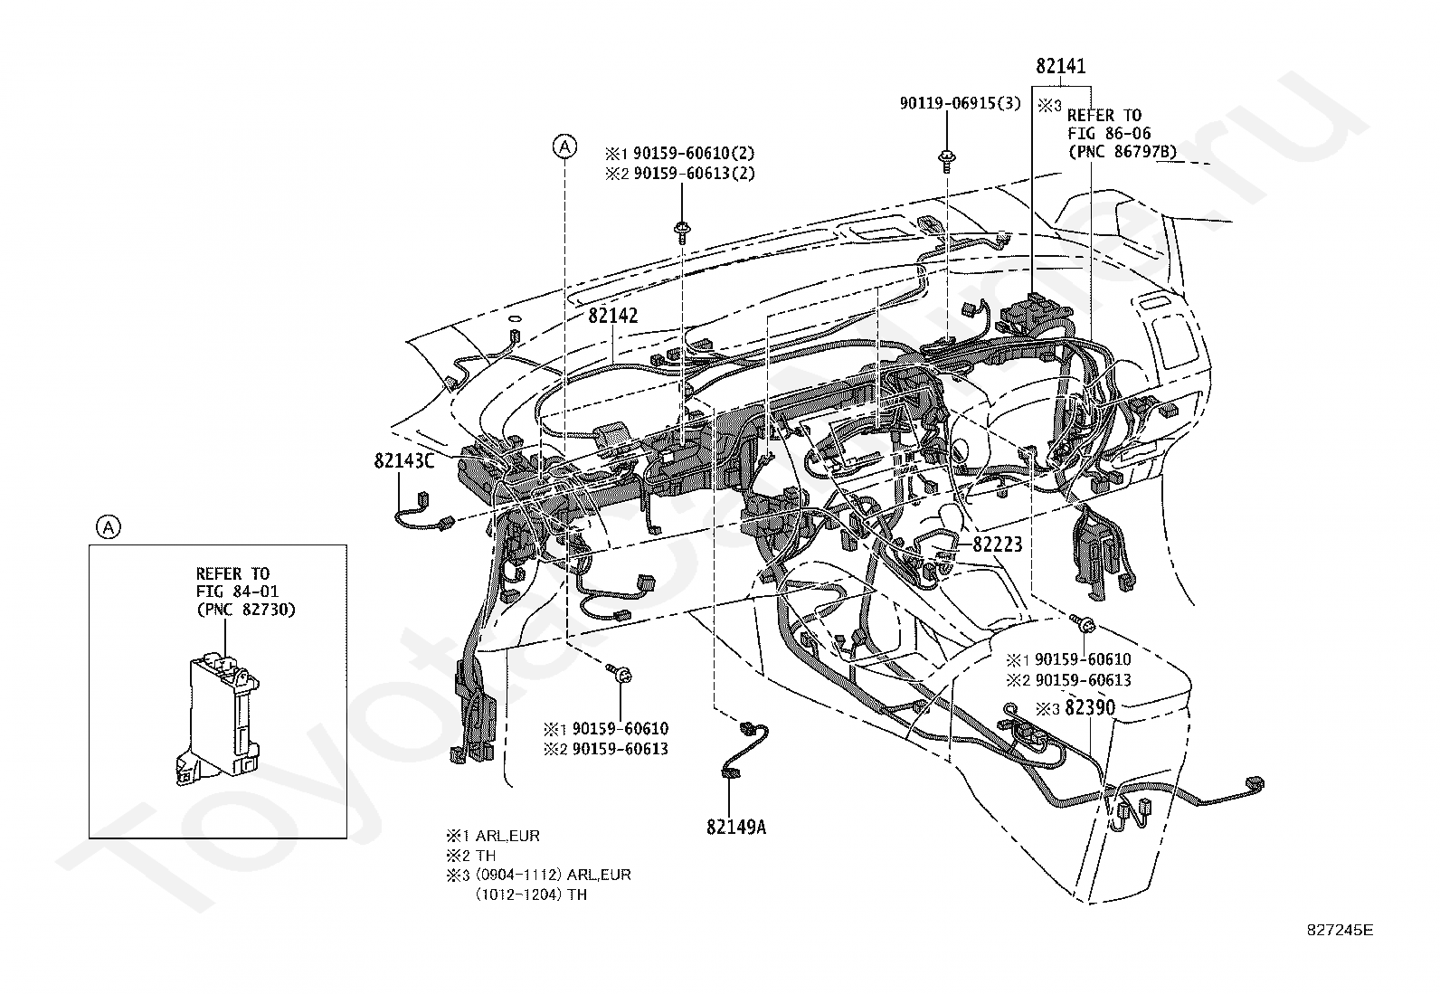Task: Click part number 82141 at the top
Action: click(1061, 66)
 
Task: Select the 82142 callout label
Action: click(613, 316)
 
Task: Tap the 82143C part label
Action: click(404, 461)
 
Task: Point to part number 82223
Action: click(997, 544)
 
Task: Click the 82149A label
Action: click(736, 827)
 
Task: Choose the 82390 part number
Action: click(1090, 707)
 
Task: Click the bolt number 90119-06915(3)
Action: click(961, 103)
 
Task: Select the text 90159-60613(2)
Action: click(695, 174)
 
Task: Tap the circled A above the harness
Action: click(564, 147)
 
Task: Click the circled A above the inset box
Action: click(108, 527)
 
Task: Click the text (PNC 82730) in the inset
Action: click(245, 610)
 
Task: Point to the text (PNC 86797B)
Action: click(1122, 152)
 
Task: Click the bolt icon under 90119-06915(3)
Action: click(947, 161)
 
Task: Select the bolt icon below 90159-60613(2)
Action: click(681, 232)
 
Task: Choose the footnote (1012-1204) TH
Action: click(531, 895)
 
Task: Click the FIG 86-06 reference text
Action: click(1109, 134)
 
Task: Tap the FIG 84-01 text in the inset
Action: click(237, 592)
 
